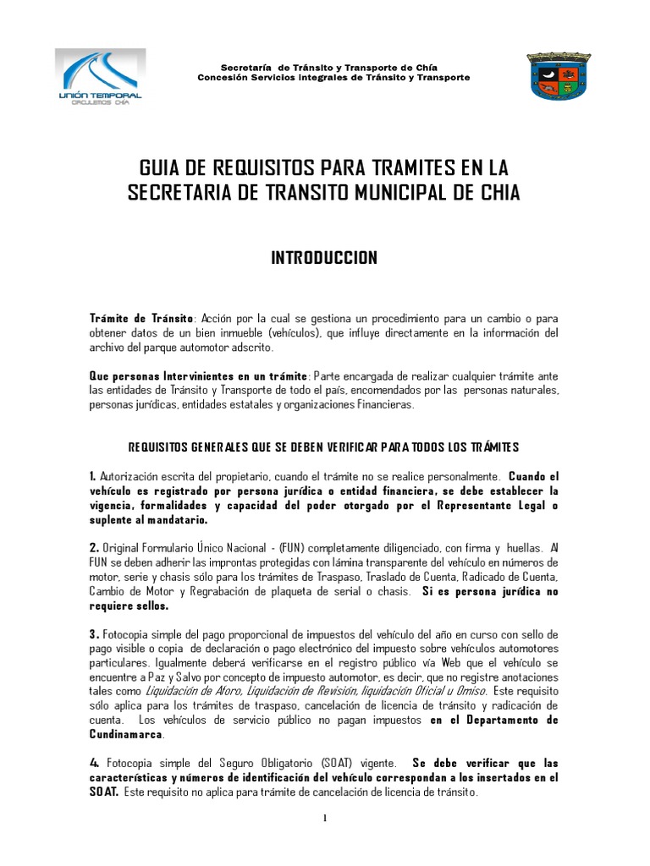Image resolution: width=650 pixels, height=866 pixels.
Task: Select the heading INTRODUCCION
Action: pos(324,258)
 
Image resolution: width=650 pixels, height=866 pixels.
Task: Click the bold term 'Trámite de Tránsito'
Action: pos(141,318)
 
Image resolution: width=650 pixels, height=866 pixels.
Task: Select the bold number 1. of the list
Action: pos(93,476)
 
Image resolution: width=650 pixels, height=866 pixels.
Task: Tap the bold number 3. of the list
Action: pos(94,634)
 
